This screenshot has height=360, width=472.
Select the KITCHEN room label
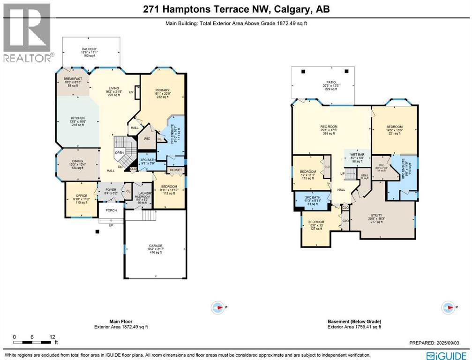(77, 118)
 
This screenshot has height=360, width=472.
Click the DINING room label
(77, 160)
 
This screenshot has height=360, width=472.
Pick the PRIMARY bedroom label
(163, 90)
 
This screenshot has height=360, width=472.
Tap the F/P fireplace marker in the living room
(131, 92)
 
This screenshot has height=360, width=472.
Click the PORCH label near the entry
(111, 210)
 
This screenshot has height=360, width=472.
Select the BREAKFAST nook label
(73, 79)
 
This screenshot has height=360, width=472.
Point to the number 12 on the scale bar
(52, 337)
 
